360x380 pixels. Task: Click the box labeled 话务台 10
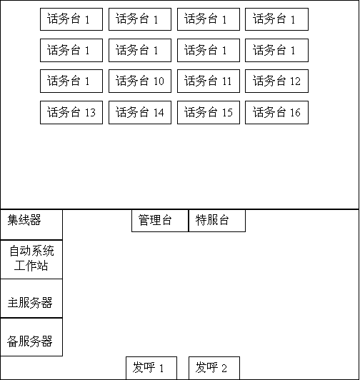pos(140,81)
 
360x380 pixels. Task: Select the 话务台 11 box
pos(209,81)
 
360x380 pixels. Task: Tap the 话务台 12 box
pos(276,81)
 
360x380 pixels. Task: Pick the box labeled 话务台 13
pos(71,112)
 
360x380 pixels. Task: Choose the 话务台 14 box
pos(140,112)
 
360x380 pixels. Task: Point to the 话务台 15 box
pos(209,112)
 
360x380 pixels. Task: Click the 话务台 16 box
pos(276,112)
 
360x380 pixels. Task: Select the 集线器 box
pos(31,225)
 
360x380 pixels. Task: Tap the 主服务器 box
pos(31,299)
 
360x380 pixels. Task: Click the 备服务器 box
pos(31,337)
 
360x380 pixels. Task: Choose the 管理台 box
pos(160,221)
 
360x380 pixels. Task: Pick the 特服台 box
pos(217,221)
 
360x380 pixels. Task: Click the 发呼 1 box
pos(151,368)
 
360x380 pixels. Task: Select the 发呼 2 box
pos(214,368)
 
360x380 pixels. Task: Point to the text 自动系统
pos(31,251)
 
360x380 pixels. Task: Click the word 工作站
pos(31,266)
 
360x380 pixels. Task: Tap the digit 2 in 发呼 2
pos(224,369)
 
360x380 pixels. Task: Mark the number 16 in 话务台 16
pos(295,112)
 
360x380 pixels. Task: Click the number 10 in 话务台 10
pos(159,81)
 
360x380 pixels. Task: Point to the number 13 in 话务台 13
pos(90,112)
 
